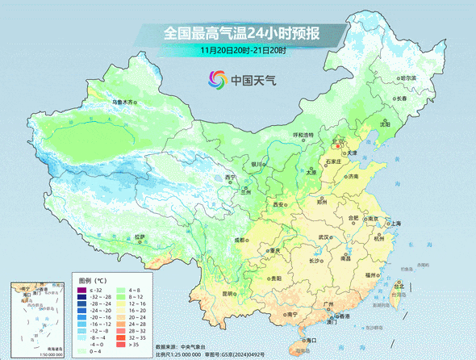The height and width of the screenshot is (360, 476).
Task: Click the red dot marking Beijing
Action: coord(337,146)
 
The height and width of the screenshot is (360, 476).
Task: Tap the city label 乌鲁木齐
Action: coord(124,103)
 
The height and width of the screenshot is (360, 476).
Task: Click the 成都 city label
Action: coord(240,240)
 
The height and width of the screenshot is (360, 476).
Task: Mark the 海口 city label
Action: coord(311,341)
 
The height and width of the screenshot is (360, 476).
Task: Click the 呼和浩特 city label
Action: coord(304,136)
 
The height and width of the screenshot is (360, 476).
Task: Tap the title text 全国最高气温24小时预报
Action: coord(243,33)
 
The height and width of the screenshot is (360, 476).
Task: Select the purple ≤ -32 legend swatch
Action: coord(81,290)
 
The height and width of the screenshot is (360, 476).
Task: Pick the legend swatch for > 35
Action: coord(122,345)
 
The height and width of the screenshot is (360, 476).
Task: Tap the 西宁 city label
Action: coord(232,178)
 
